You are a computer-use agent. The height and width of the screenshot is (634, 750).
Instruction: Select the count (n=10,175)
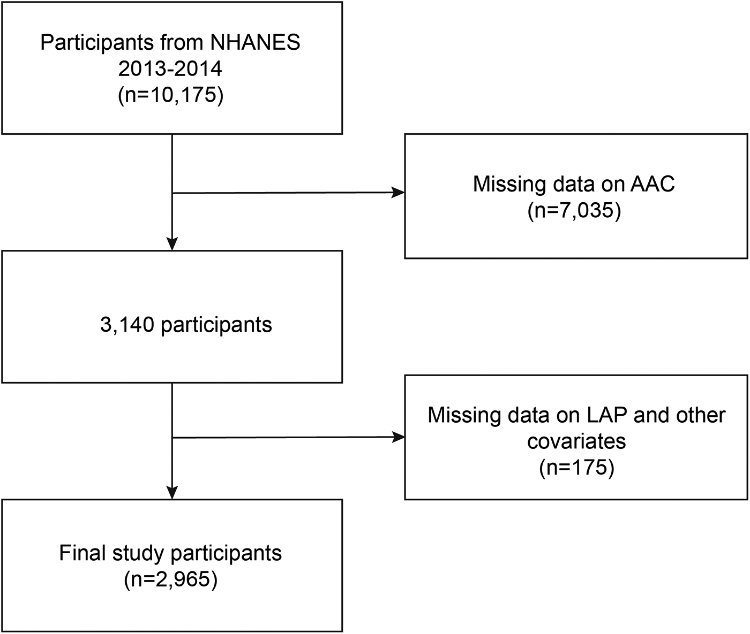click(170, 96)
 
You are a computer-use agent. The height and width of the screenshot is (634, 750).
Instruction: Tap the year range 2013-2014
click(170, 70)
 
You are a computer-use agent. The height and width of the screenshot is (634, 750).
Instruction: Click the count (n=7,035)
click(574, 211)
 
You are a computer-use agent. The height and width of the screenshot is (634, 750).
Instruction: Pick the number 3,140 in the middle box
click(127, 325)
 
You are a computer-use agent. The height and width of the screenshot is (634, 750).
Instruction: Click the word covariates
click(576, 441)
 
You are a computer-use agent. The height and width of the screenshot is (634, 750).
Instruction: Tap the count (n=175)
click(576, 468)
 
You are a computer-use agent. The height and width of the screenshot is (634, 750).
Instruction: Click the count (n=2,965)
click(170, 579)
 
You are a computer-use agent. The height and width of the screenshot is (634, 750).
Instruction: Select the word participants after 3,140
click(216, 325)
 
